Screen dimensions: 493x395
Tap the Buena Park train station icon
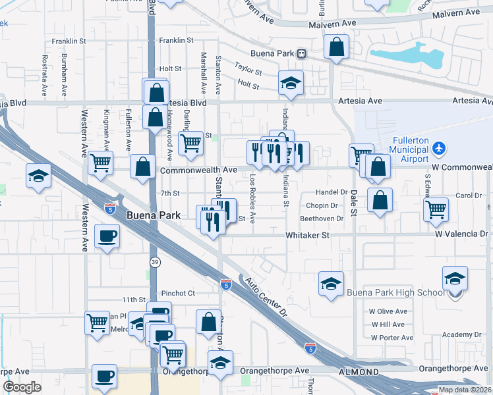(x=301, y=53)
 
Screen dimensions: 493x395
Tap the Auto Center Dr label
(x=266, y=296)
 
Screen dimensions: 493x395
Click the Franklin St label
(x=176, y=40)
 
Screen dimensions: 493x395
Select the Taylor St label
(x=248, y=68)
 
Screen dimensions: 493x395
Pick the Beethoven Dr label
(x=322, y=219)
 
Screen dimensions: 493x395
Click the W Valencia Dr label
(x=461, y=234)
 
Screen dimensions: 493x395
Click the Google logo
(x=22, y=387)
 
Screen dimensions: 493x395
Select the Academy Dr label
(x=457, y=334)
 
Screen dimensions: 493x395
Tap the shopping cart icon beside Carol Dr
(x=436, y=209)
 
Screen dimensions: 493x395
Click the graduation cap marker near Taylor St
(x=290, y=83)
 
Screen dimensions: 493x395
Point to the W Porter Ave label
(x=391, y=338)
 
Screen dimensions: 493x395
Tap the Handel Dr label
(x=332, y=192)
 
